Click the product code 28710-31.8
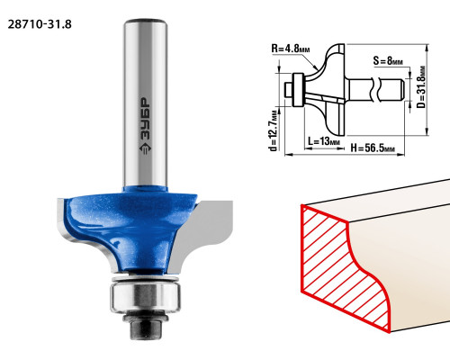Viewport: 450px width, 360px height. point(40,24)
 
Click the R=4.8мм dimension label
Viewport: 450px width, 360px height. point(291,49)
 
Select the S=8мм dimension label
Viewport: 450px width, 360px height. point(388,61)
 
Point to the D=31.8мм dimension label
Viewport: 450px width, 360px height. point(421,87)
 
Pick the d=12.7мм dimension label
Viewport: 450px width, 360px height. point(274,131)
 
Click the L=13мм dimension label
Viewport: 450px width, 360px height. point(324,140)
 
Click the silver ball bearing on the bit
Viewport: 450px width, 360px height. point(145,297)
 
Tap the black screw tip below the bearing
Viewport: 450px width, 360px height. point(145,328)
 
